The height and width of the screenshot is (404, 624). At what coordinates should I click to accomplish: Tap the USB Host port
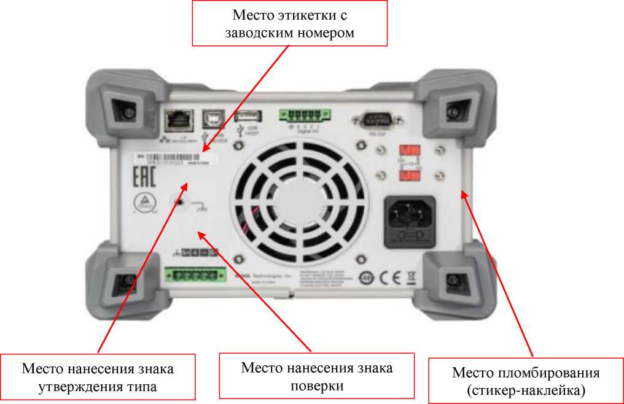tap(248, 117)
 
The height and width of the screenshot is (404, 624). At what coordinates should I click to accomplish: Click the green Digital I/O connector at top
tap(302, 115)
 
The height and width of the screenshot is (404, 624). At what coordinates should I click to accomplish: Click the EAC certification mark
tap(145, 176)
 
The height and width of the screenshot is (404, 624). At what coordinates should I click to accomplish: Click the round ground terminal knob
tap(178, 202)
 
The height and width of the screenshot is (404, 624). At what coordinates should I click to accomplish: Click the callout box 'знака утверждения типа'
tap(98, 378)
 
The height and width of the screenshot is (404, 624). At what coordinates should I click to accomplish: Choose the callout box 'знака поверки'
tap(316, 376)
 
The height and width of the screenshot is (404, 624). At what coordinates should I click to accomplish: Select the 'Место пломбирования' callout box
tap(525, 381)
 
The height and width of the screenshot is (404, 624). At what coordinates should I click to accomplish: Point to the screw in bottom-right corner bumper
tap(453, 281)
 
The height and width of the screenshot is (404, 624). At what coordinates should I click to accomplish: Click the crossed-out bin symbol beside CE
tap(411, 276)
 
